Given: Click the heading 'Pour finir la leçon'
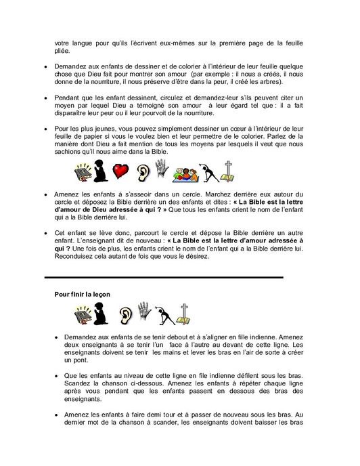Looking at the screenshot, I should (83, 293).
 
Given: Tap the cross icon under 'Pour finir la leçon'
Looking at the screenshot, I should (183, 314).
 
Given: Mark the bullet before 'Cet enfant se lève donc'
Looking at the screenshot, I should (45, 232).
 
